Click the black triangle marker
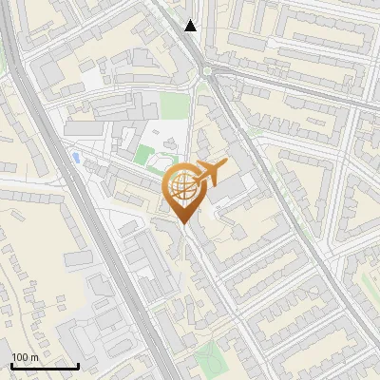pyautogui.click(x=191, y=26)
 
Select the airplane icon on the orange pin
pyautogui.click(x=210, y=173)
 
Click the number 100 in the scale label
pyautogui.click(x=20, y=357)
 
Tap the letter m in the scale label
pyautogui.click(x=34, y=357)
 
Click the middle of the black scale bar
pyautogui.click(x=45, y=367)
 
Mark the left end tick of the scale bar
pyautogui.click(x=11, y=366)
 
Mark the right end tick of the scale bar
pyautogui.click(x=78, y=366)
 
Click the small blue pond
pyautogui.click(x=76, y=157)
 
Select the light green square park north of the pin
pyautogui.click(x=173, y=104)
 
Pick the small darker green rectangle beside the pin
pyautogui.click(x=144, y=154)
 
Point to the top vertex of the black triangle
pyautogui.click(x=191, y=20)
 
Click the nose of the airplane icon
pyautogui.click(x=225, y=167)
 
